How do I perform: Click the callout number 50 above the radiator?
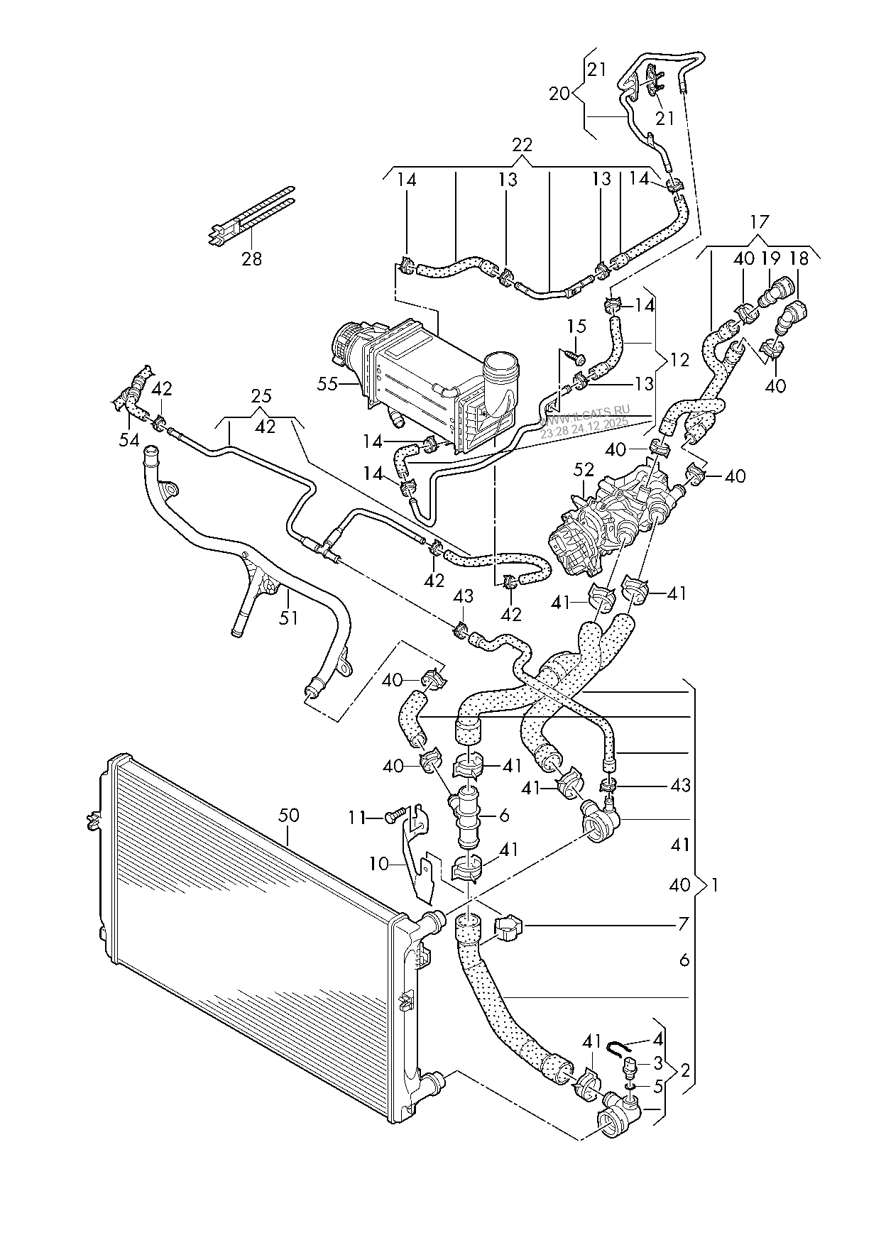[288, 815]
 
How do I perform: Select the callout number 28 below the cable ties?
[251, 258]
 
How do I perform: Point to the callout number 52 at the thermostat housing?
[584, 471]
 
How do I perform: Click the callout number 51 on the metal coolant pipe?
[288, 618]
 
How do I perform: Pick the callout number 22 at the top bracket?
[522, 145]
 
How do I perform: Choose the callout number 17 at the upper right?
[759, 221]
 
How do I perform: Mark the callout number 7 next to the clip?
[683, 924]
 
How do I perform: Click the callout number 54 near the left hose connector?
[128, 441]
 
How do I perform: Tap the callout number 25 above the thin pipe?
[261, 395]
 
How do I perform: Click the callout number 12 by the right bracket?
[679, 360]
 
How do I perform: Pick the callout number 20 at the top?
[559, 93]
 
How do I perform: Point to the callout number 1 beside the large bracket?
[716, 885]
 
